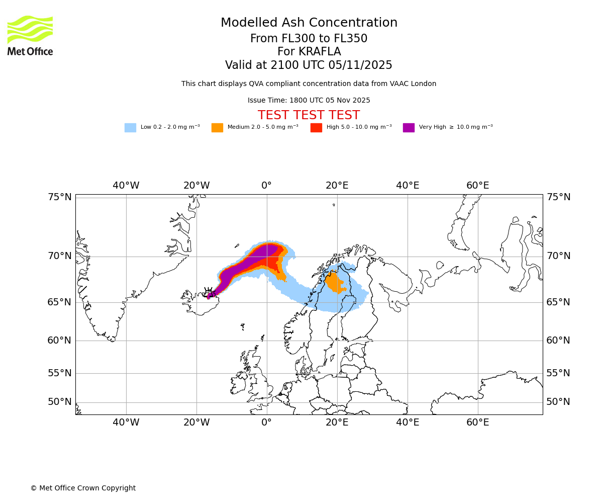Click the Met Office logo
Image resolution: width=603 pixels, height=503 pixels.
coord(30,35)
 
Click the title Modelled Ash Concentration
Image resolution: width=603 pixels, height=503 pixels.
coord(309,23)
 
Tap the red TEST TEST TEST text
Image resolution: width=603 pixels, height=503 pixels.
coord(309,116)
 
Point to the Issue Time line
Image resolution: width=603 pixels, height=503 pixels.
coord(309,101)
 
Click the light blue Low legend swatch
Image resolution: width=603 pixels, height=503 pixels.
coord(130,127)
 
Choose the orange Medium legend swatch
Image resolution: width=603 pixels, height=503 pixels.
coord(217,127)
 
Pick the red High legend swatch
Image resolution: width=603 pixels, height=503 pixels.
coord(316,127)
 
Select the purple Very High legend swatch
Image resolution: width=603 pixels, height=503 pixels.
coord(409,127)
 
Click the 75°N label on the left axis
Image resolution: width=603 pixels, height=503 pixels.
coord(60,197)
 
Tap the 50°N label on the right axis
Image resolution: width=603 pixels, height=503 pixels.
coord(558,402)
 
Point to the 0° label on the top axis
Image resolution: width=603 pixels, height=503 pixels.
coord(266,186)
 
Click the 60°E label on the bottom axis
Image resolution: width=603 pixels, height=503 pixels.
coord(477,423)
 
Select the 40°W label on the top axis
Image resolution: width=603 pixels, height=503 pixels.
coord(126,186)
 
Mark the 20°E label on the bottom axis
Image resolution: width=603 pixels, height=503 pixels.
coord(337,423)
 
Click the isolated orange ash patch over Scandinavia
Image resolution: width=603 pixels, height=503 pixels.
coord(334,283)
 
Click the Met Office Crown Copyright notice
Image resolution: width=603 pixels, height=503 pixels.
coord(83,488)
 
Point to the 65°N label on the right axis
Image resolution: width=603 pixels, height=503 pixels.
coord(558,302)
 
